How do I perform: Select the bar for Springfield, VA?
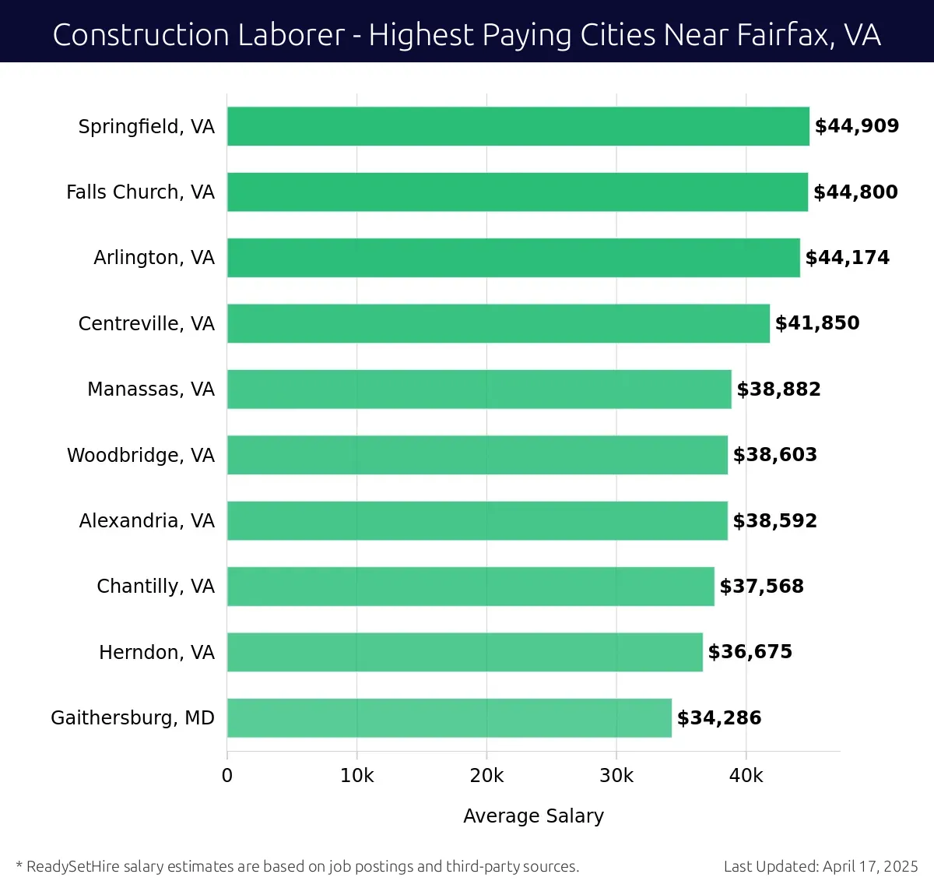pyautogui.click(x=518, y=126)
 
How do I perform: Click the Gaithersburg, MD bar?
pyautogui.click(x=449, y=717)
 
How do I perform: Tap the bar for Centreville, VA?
pyautogui.click(x=498, y=323)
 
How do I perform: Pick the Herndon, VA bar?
pyautogui.click(x=465, y=652)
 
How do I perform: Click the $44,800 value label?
pyautogui.click(x=855, y=192)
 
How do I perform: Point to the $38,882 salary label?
pyautogui.click(x=778, y=389)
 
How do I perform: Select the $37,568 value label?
pyautogui.click(x=761, y=587)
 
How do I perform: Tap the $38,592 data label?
pyautogui.click(x=774, y=521)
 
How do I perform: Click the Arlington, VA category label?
pyautogui.click(x=154, y=258)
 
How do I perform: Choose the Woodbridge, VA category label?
pyautogui.click(x=141, y=455)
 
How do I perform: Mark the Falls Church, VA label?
pyautogui.click(x=140, y=192)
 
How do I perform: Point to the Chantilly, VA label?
pyautogui.click(x=156, y=587)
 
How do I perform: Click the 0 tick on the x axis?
pyautogui.click(x=227, y=776)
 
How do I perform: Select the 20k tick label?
pyautogui.click(x=486, y=776)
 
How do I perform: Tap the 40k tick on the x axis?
pyautogui.click(x=746, y=776)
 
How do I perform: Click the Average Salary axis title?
pyautogui.click(x=533, y=816)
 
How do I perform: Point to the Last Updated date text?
pyautogui.click(x=820, y=866)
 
